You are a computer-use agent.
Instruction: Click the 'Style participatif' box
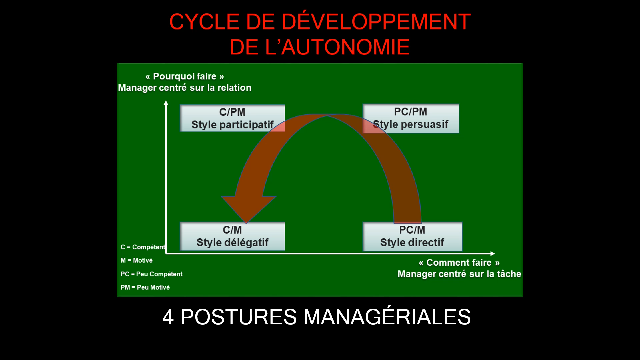point(232,118)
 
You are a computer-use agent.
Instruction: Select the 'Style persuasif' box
point(411,118)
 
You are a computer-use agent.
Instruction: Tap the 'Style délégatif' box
point(232,236)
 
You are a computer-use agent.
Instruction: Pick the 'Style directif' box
point(412,236)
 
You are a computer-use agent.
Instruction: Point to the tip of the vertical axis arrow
point(166,101)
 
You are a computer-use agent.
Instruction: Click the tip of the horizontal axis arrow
point(495,254)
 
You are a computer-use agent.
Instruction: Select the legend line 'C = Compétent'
point(143,247)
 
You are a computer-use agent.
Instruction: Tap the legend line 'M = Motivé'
point(136,260)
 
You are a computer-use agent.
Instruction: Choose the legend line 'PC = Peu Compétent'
point(151,274)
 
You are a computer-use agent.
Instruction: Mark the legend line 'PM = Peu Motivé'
point(145,287)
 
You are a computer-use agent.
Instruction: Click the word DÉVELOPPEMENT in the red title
point(376,22)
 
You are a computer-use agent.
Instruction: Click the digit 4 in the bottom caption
point(168,317)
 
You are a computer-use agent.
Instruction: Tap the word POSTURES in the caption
point(238,317)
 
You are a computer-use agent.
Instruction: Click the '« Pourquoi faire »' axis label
point(185,76)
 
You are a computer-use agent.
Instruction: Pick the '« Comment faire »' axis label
point(459,263)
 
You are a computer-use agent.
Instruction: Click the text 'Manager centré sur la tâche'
point(459,274)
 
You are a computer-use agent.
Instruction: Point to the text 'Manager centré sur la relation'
point(185,88)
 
